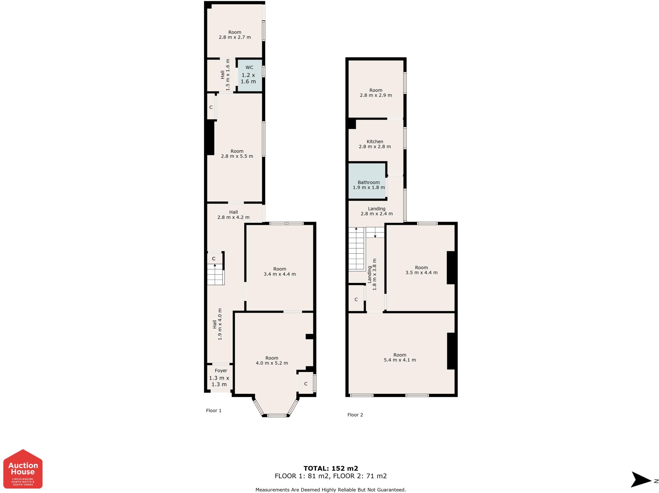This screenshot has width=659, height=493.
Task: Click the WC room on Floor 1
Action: pyautogui.click(x=250, y=76)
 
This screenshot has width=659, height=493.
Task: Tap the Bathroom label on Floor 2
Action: pyautogui.click(x=368, y=182)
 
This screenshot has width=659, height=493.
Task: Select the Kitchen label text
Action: pyautogui.click(x=375, y=142)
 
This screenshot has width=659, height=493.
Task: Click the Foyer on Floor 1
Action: pyautogui.click(x=220, y=377)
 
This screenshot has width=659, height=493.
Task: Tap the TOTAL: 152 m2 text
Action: pyautogui.click(x=331, y=469)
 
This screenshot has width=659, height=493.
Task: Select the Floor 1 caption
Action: pyautogui.click(x=214, y=411)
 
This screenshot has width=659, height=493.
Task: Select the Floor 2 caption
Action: pyautogui.click(x=355, y=415)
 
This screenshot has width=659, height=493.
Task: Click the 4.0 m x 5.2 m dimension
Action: pyautogui.click(x=272, y=363)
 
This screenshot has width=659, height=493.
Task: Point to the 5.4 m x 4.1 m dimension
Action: pyautogui.click(x=400, y=360)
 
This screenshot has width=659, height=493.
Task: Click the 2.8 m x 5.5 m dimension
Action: pyautogui.click(x=237, y=156)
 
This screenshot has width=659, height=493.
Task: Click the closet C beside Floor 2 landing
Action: pyautogui.click(x=356, y=299)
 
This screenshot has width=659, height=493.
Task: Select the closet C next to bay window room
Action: pyautogui.click(x=306, y=384)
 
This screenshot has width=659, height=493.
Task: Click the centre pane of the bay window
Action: pyautogui.click(x=277, y=415)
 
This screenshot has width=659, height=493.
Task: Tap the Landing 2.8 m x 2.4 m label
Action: pyautogui.click(x=377, y=211)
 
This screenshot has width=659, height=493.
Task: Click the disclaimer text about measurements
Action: pyautogui.click(x=331, y=490)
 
